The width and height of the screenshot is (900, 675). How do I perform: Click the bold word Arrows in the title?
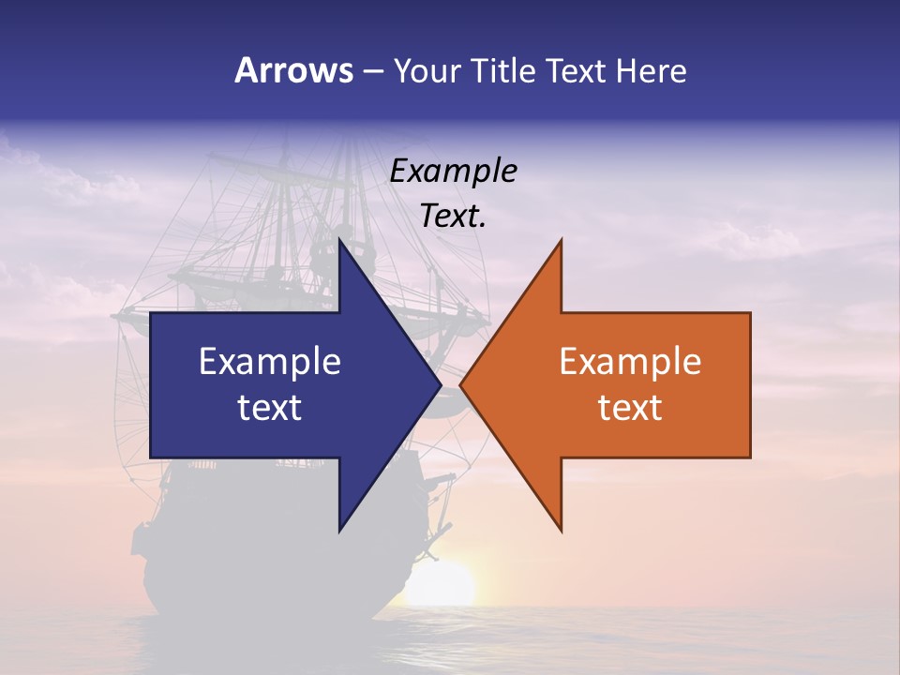pos(292,70)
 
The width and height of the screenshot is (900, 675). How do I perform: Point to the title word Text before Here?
pos(578,70)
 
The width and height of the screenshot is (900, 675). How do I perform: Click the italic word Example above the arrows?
pos(453,171)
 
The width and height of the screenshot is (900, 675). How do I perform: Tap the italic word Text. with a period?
pos(453,217)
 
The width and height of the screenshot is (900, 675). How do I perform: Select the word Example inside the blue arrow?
pos(270,362)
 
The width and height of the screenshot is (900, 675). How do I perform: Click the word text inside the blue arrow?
pos(270,408)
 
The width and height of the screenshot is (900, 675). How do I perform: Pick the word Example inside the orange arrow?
pos(630,362)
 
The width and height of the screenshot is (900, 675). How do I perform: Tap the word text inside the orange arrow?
pos(630,408)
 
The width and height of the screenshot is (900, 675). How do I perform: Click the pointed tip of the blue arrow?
pos(440,385)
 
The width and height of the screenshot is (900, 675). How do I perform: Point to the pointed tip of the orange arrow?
pos(461,385)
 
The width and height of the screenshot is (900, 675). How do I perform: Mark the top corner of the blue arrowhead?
pos(339,240)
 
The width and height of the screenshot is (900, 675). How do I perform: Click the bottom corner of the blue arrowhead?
pos(339,531)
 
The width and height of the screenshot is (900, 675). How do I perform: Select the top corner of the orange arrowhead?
pos(561,240)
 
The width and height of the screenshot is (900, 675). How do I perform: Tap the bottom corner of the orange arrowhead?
pos(561,531)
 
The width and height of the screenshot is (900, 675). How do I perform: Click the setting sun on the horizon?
pos(445,583)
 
